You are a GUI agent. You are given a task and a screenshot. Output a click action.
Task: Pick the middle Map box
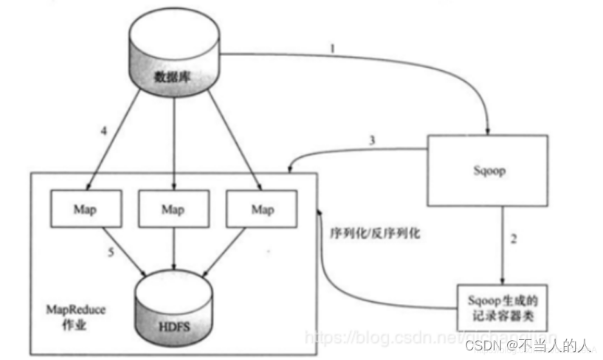pos(173,210)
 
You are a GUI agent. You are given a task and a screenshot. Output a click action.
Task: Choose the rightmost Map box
pos(262,210)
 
